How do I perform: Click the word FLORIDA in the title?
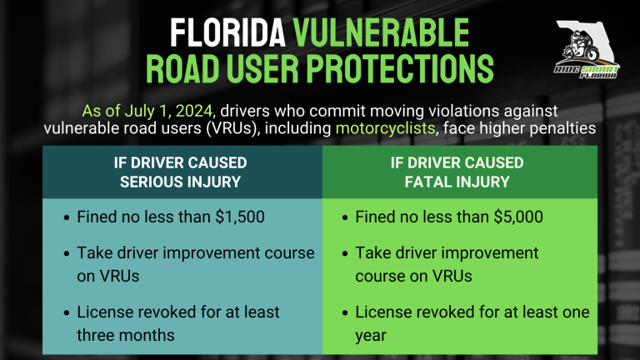(x=227, y=33)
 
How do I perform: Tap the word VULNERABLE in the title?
(x=381, y=33)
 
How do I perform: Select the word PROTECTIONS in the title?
(x=400, y=68)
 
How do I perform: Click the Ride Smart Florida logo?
(x=587, y=49)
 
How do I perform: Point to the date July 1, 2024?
(x=169, y=111)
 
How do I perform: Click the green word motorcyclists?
(x=385, y=128)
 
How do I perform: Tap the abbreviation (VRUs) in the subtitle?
(x=232, y=128)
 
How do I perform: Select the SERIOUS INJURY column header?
(x=180, y=172)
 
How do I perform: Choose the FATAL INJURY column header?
(x=457, y=172)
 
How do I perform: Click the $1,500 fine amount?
(x=240, y=217)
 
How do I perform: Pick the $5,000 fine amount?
(x=518, y=217)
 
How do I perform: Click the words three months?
(x=126, y=335)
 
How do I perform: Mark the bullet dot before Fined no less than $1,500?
(x=67, y=218)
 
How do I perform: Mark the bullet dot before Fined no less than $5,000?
(x=345, y=218)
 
